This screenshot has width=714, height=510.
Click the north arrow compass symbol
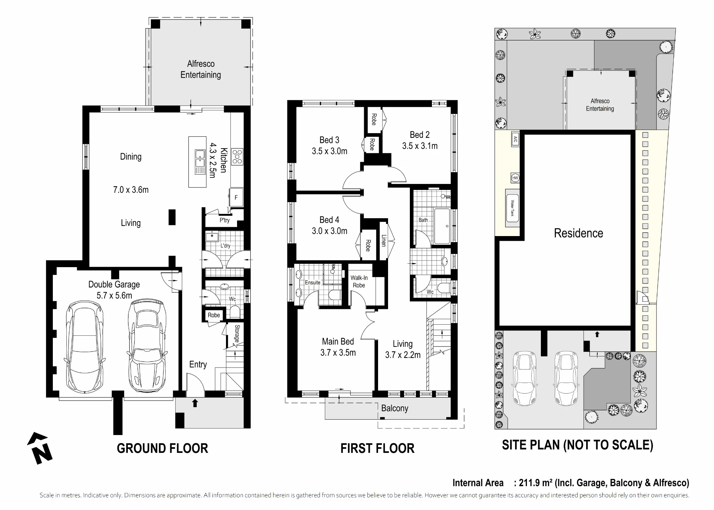(x=40, y=448)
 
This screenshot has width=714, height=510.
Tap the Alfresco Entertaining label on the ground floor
(x=201, y=69)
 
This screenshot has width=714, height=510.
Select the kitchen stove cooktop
(x=237, y=156)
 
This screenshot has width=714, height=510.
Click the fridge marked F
(x=236, y=197)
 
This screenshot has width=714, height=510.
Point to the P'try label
(x=225, y=220)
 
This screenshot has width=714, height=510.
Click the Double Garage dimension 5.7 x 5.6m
(x=114, y=296)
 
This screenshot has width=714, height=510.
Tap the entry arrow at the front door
(x=195, y=403)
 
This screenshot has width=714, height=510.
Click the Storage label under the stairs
(x=237, y=334)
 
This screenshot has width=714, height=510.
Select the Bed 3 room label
(x=329, y=140)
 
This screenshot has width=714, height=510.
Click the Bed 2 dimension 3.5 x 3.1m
(x=420, y=146)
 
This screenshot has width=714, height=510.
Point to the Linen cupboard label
(x=384, y=240)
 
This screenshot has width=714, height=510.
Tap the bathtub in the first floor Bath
(x=442, y=226)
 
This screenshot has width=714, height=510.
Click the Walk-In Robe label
(x=359, y=281)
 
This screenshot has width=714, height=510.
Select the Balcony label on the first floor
(x=394, y=408)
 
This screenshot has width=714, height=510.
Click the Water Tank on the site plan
(x=512, y=208)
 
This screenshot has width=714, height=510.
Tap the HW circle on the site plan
(x=515, y=178)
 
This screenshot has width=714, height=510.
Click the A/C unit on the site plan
(x=515, y=139)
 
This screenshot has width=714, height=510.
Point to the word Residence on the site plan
(x=578, y=233)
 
